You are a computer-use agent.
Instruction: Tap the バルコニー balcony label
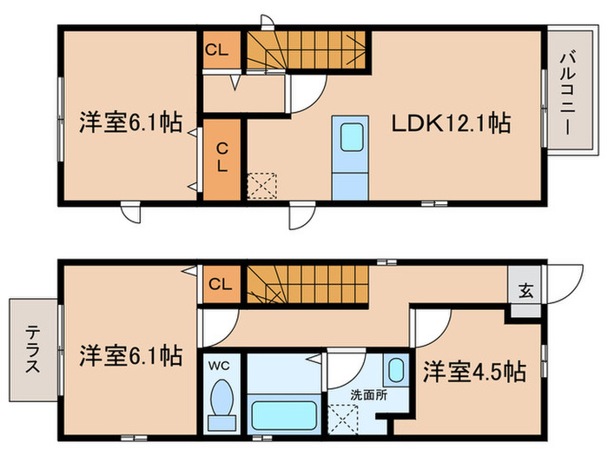[565, 89]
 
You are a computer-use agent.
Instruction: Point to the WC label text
[221, 365]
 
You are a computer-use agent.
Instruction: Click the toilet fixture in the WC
[222, 403]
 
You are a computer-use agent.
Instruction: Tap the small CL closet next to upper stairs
[217, 50]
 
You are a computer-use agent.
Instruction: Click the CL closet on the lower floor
[221, 284]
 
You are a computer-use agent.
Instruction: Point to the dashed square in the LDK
[261, 186]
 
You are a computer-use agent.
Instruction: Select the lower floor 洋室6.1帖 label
[130, 355]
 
